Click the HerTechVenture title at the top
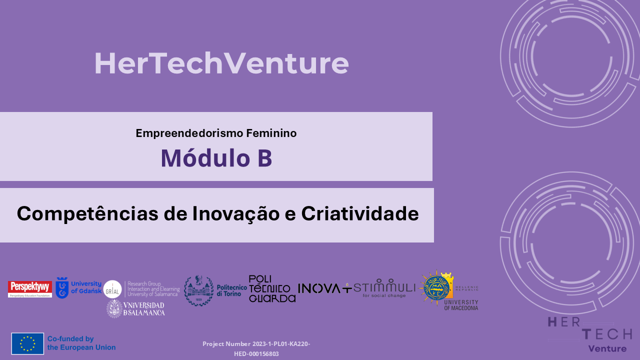pos(221,64)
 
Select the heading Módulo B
pos(216,158)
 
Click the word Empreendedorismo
pos(189,133)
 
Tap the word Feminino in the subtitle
pos(271,133)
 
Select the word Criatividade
pos(359,214)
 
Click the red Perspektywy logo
pos(30,288)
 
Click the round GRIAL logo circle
pos(112,289)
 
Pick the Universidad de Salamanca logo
pos(135,308)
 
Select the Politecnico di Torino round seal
pos(198,290)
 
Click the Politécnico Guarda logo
pos(272,289)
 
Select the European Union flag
pos(27,343)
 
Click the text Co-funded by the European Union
pos(81,343)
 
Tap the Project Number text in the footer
pos(256,348)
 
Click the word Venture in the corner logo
pos(607,348)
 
